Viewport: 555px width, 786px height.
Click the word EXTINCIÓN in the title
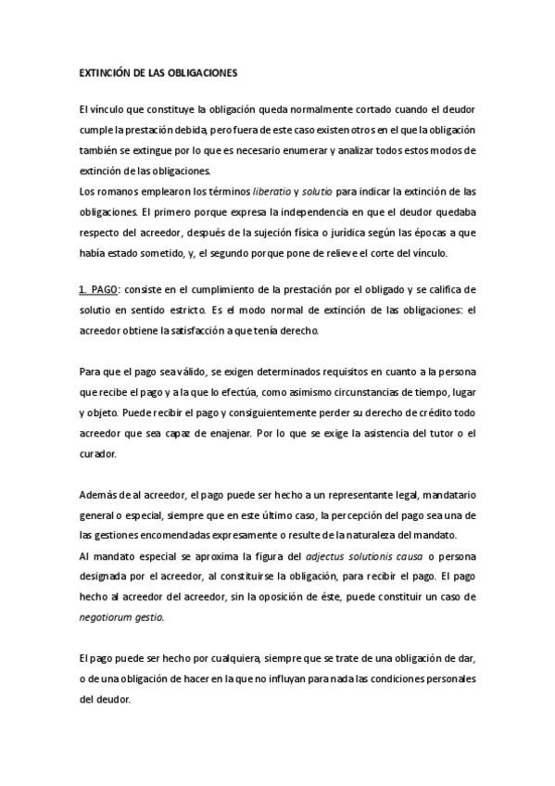point(107,70)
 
